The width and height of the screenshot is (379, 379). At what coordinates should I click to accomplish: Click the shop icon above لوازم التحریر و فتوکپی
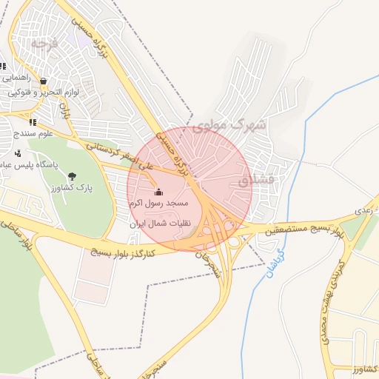click(x=44, y=81)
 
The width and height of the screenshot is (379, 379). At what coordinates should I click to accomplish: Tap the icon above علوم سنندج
click(x=32, y=122)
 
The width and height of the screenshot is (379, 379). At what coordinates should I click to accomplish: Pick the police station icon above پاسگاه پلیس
click(x=17, y=154)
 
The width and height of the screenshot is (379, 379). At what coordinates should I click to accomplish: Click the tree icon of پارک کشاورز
click(x=72, y=175)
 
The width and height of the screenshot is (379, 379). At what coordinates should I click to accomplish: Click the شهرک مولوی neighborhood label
click(x=228, y=125)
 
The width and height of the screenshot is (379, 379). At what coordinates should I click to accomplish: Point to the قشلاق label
click(x=258, y=180)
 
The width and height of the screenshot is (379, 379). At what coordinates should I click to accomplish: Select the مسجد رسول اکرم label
click(x=159, y=203)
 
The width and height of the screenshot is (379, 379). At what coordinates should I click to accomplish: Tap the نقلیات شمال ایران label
click(x=160, y=222)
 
